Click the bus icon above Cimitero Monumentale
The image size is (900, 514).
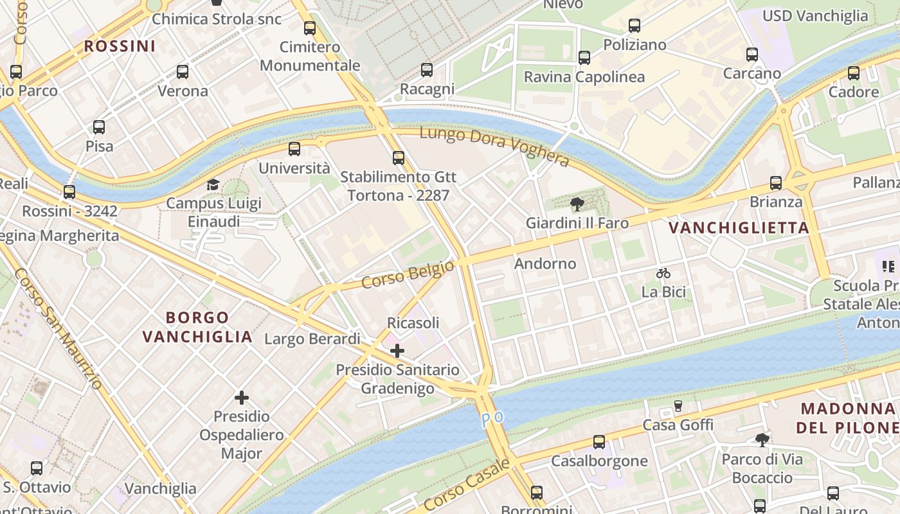pos(310,28)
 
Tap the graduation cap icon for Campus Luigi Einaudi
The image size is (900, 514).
pos(213,185)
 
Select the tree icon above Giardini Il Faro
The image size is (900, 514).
pos(577,204)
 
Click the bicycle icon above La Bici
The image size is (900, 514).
pos(663,273)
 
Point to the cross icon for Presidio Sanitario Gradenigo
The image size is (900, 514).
pos(397,351)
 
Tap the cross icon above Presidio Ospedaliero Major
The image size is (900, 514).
pos(242,398)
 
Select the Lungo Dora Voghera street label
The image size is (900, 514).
pos(494,146)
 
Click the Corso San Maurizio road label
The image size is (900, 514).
pos(59,328)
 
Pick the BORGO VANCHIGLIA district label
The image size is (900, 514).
pos(197,327)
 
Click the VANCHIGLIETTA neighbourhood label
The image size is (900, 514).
pos(739,228)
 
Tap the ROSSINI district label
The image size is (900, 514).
pos(120,46)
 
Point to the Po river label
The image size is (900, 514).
pos(492,418)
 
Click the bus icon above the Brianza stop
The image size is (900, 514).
pos(776,183)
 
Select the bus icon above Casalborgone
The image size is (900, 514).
pos(599,442)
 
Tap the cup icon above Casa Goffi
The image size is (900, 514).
pos(678,406)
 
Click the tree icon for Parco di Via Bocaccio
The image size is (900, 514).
pos(762,440)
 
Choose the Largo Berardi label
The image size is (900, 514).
pos(312,339)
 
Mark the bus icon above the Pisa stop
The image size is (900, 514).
pos(99,127)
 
